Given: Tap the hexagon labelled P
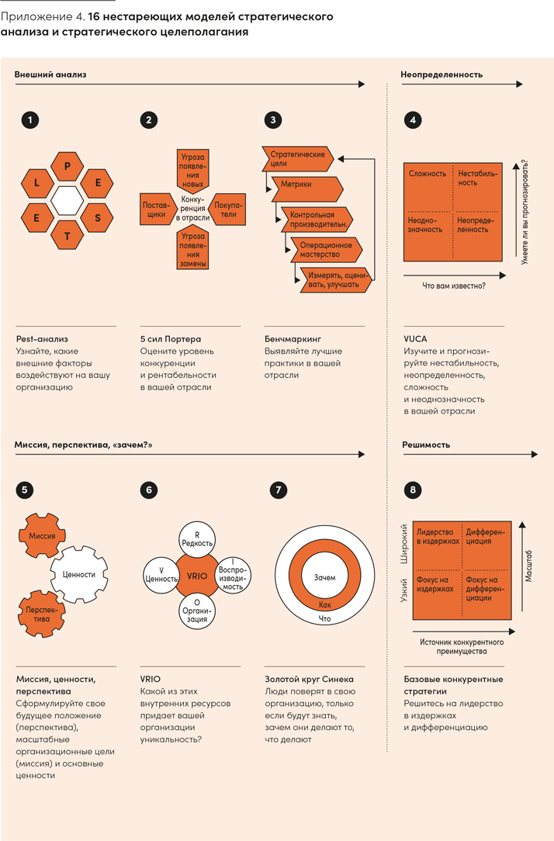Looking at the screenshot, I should pos(67,166).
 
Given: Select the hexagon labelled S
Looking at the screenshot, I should pos(98,217).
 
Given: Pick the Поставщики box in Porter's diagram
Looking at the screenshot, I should pos(155,209).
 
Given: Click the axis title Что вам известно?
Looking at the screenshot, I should pos(455,286).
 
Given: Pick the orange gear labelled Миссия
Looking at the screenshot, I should pos(42,536).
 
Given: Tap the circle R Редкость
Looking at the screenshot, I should pos(196,539).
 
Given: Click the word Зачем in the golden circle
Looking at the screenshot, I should pos(325,578).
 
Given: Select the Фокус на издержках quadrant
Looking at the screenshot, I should pos(435,583).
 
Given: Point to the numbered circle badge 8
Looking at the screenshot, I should pos(414,490).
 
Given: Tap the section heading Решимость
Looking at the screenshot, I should pos(426,445).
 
